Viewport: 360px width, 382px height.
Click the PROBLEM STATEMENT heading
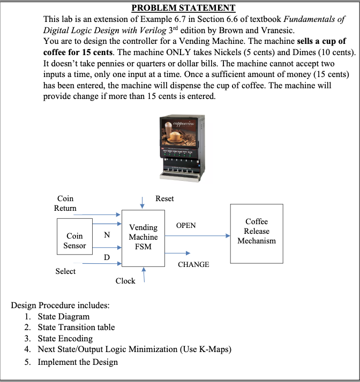[183, 8]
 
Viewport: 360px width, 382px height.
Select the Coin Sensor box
[74, 240]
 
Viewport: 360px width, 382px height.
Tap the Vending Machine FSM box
[143, 237]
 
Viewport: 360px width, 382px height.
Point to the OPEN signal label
[186, 225]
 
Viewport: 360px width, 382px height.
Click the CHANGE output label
[193, 264]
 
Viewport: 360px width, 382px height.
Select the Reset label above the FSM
[164, 198]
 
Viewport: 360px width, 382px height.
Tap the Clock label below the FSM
[125, 281]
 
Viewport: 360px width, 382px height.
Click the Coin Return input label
[65, 203]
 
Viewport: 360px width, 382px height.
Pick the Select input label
[65, 271]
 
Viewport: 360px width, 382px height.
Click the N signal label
[107, 235]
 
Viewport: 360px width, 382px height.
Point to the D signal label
[106, 258]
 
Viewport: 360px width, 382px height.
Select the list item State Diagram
[63, 316]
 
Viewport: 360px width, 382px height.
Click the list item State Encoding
[65, 338]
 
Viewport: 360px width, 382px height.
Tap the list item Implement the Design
[77, 362]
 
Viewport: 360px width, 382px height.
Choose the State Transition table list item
[76, 327]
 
